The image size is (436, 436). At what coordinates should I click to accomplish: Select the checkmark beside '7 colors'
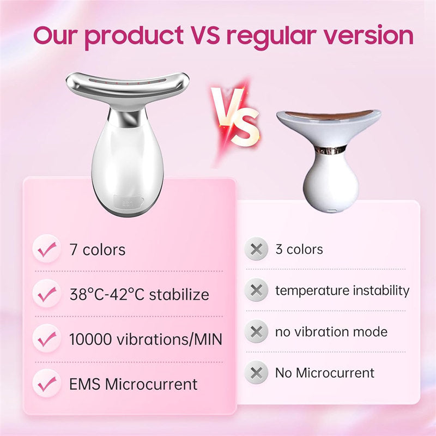(x=47, y=250)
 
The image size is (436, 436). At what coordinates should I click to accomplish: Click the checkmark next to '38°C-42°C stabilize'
(x=47, y=295)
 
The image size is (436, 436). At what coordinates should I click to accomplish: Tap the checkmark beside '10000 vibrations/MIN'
(x=47, y=340)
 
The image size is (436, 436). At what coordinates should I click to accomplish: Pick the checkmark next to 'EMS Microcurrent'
(x=47, y=384)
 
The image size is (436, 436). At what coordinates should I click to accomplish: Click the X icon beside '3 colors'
(x=257, y=250)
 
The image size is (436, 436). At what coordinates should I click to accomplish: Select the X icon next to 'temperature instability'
(x=257, y=290)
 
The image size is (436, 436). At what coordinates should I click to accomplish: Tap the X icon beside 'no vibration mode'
(x=257, y=332)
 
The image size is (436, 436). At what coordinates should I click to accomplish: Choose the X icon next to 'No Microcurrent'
(x=257, y=373)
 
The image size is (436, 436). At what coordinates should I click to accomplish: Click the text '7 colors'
(x=97, y=250)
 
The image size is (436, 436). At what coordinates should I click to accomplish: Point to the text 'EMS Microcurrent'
(x=133, y=384)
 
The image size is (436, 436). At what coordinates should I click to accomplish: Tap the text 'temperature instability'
(x=342, y=290)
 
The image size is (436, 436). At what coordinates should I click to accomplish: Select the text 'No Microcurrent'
(x=325, y=373)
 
